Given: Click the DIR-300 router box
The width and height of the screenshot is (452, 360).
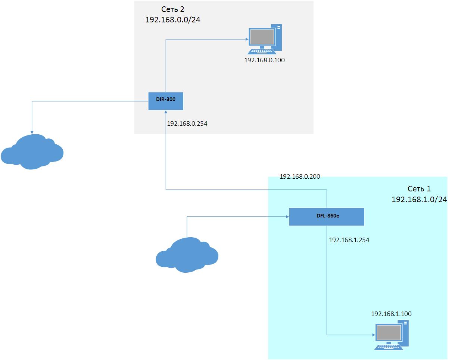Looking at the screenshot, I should click(166, 101).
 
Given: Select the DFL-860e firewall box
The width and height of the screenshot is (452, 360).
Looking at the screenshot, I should click(326, 217).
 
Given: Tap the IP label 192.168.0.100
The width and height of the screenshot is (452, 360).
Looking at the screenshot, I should click(264, 60).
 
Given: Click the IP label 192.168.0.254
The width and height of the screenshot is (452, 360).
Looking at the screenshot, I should click(187, 124).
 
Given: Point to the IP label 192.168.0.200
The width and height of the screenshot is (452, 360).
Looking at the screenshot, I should click(300, 177).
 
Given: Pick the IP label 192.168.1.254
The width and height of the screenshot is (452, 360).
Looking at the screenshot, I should click(349, 240).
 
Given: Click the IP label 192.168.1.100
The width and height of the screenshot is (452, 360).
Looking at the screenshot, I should click(391, 314).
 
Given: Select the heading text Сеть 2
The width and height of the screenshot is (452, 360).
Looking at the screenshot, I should click(173, 9).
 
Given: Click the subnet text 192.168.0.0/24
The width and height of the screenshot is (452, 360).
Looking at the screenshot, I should click(173, 20).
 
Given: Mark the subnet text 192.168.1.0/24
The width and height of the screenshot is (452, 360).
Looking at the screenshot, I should click(419, 200).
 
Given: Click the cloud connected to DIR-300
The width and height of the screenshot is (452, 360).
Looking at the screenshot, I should click(32, 152).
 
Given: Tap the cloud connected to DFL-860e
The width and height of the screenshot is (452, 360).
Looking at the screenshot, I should click(187, 255).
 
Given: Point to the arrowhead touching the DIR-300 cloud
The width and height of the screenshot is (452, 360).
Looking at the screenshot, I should click(32, 131).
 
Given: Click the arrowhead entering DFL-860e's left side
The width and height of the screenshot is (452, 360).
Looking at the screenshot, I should click(287, 216).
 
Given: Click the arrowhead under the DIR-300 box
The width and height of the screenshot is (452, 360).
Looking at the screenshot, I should click(166, 113).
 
